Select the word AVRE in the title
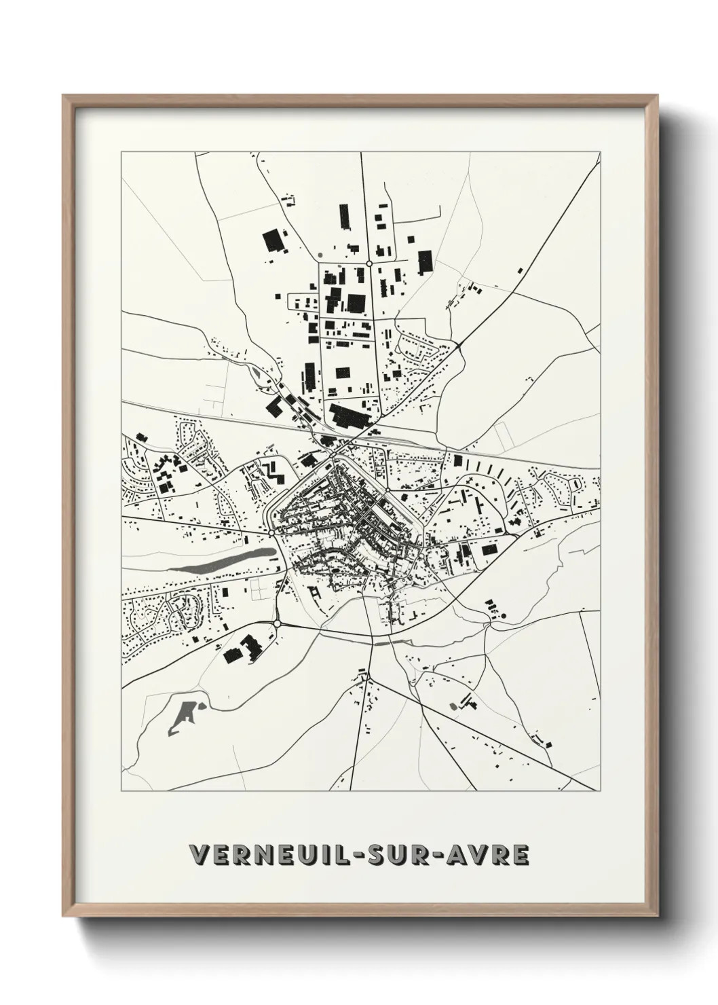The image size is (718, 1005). point(492,854)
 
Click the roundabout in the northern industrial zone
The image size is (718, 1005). point(369,263)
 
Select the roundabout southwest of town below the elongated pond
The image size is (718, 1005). point(277,623)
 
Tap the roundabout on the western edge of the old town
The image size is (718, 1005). point(271,534)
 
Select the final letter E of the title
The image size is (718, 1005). point(521,854)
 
